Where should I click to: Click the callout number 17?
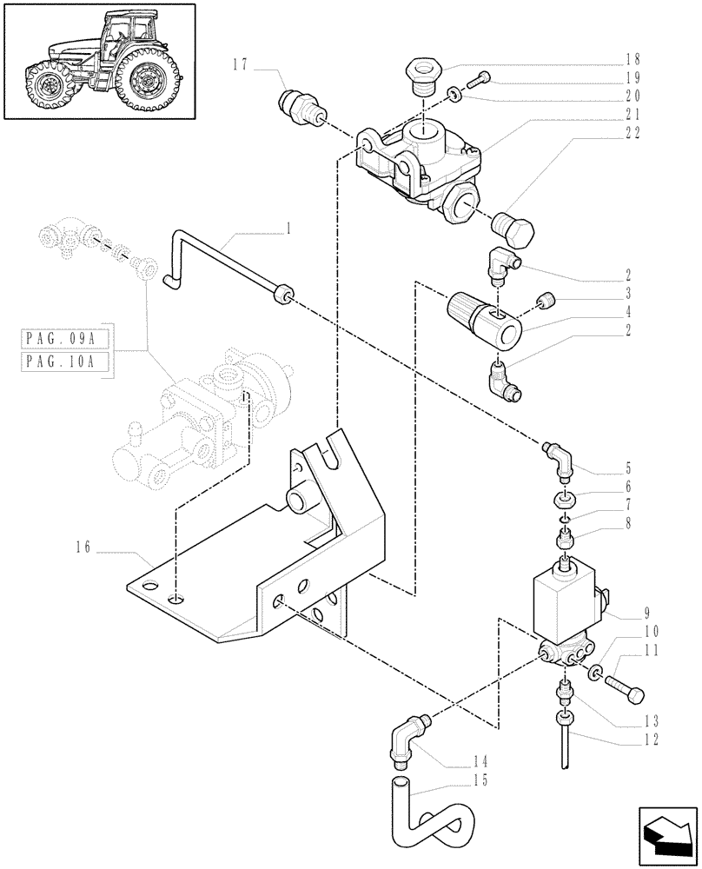point(241,63)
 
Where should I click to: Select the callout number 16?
point(83,548)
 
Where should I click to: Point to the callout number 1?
point(288,229)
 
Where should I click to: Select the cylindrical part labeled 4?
point(484,318)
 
